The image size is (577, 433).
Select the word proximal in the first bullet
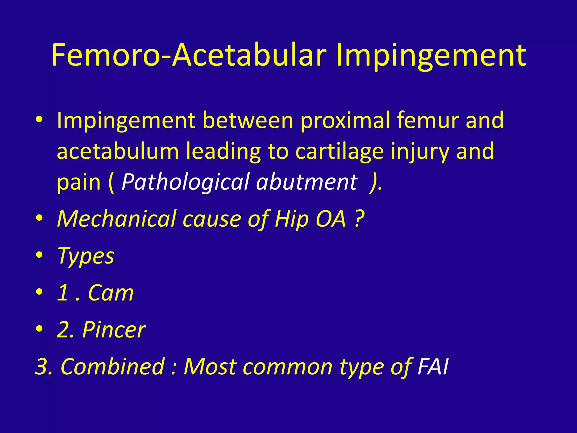coord(345,121)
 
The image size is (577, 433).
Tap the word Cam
coord(111,293)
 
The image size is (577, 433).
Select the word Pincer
coord(114,330)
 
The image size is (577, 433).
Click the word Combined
coord(113,366)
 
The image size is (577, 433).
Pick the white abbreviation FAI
coord(433,366)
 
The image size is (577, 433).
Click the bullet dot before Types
coord(39,255)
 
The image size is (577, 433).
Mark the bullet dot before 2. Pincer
coord(39,328)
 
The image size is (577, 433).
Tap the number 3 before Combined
coord(42,366)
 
